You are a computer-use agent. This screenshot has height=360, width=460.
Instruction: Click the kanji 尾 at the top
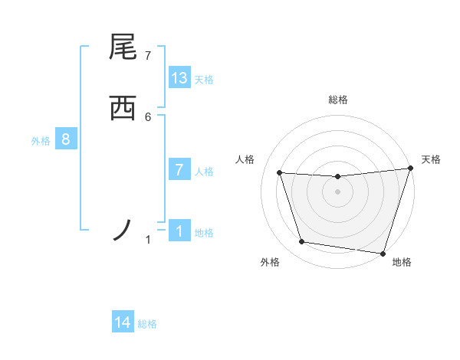tap(123, 48)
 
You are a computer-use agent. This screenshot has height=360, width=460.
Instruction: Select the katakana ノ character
tap(123, 230)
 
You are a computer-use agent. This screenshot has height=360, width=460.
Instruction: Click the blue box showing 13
tap(179, 78)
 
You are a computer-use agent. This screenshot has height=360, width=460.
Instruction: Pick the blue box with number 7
tap(179, 170)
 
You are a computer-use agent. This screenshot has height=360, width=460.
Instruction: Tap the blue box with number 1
tap(179, 231)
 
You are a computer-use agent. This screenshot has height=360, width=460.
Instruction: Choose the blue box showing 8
tap(66, 139)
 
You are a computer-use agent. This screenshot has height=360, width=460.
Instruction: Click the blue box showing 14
tap(123, 322)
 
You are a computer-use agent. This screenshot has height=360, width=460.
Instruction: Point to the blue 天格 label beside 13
tap(204, 80)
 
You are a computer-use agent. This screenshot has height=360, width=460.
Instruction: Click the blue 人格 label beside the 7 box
tap(204, 172)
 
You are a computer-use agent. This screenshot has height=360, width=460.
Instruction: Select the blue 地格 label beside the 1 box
tap(204, 233)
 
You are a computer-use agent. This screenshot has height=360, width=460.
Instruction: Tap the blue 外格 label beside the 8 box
tap(41, 141)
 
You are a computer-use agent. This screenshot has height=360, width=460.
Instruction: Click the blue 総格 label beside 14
tap(147, 324)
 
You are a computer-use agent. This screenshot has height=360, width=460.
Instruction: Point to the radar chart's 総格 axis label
tap(338, 100)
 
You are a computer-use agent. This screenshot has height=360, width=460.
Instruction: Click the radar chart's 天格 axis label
tap(431, 159)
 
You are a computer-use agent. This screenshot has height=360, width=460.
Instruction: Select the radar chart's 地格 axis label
tap(402, 262)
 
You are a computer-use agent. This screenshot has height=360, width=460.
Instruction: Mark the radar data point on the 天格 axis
tap(410, 169)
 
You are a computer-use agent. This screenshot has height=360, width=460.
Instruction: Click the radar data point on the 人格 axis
tap(280, 173)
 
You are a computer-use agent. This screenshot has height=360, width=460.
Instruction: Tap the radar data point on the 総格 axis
tap(338, 177)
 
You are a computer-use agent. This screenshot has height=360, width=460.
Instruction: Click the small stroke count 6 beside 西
tap(148, 116)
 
